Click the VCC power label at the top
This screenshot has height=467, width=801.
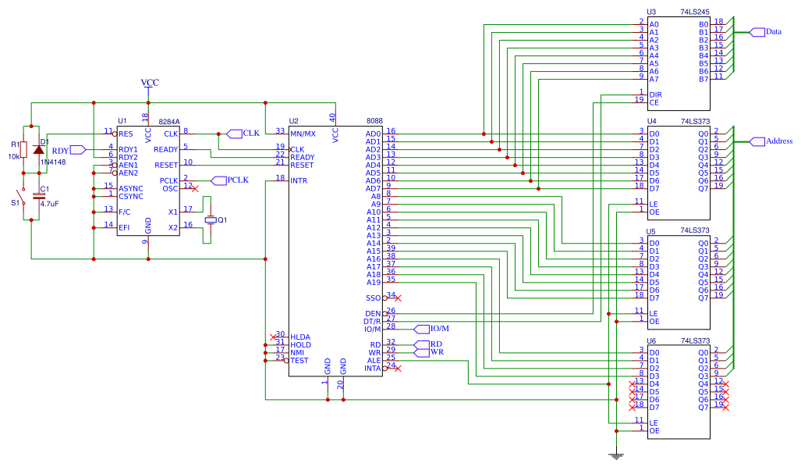point(149,83)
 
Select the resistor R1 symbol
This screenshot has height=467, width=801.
point(23,149)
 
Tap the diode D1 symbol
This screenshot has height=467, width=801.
point(38,149)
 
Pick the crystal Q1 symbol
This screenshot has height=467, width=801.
point(210,220)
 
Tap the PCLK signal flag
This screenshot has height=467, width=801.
point(218,180)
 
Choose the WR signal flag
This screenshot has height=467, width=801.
point(420,352)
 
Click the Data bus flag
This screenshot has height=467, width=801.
point(758,32)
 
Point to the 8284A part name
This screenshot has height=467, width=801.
point(168,122)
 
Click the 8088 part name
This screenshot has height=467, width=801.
point(374,122)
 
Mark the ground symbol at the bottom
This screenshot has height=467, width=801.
point(616,455)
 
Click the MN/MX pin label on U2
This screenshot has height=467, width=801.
point(303,134)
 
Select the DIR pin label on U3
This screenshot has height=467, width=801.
point(655,94)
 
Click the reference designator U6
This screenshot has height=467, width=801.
point(651,341)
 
